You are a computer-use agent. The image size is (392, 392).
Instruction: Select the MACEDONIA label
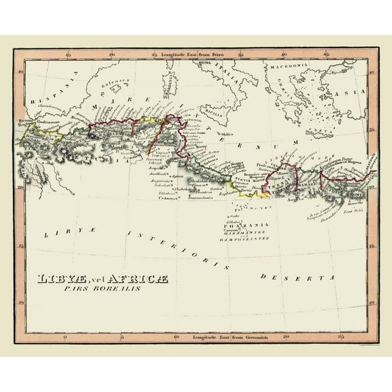[x=289, y=68]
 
